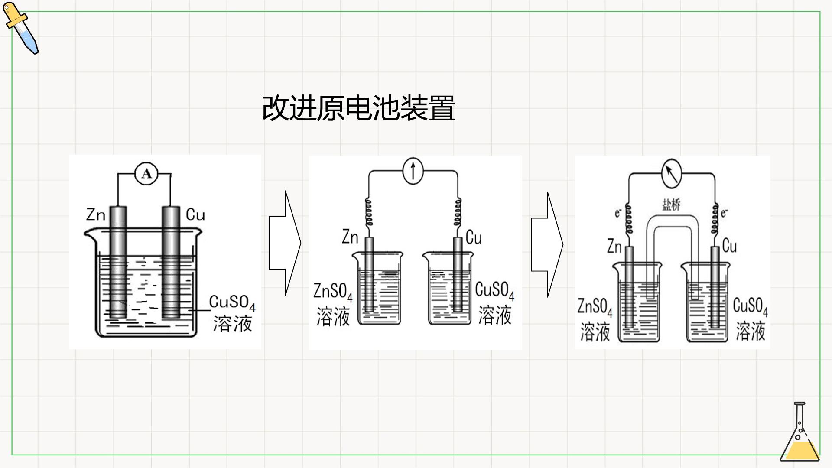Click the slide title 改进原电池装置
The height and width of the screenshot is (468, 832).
359,108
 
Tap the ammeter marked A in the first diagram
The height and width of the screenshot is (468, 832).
147,174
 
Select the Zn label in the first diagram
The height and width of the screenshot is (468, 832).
96,214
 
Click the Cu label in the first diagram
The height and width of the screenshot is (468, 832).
195,214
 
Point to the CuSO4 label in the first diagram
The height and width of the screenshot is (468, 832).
232,302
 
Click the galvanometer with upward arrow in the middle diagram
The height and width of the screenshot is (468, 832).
413,170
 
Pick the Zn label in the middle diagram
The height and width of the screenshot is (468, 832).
350,237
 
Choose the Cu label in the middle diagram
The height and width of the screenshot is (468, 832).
474,237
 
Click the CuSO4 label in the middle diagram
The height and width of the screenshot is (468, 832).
494,290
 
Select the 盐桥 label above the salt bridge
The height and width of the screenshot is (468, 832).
671,205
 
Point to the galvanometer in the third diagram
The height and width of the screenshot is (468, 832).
671,173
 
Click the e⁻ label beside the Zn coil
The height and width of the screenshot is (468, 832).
618,213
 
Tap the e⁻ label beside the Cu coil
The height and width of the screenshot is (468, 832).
724,213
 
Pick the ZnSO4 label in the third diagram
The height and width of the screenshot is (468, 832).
595,307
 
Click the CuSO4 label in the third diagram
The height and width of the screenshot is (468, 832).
750,306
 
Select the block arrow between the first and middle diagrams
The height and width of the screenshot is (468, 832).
285,243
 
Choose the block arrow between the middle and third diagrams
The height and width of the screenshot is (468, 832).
547,244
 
